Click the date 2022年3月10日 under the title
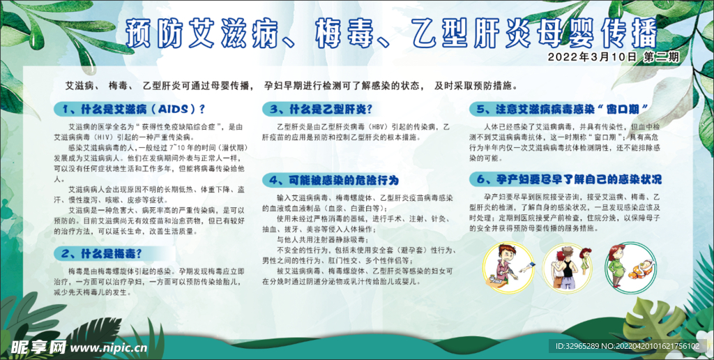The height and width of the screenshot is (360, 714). [x=593, y=57]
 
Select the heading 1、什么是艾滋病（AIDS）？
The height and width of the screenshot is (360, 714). [x=133, y=109]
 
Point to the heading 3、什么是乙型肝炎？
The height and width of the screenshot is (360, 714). [x=317, y=109]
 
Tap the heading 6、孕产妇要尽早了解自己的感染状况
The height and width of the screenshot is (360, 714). [x=565, y=179]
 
